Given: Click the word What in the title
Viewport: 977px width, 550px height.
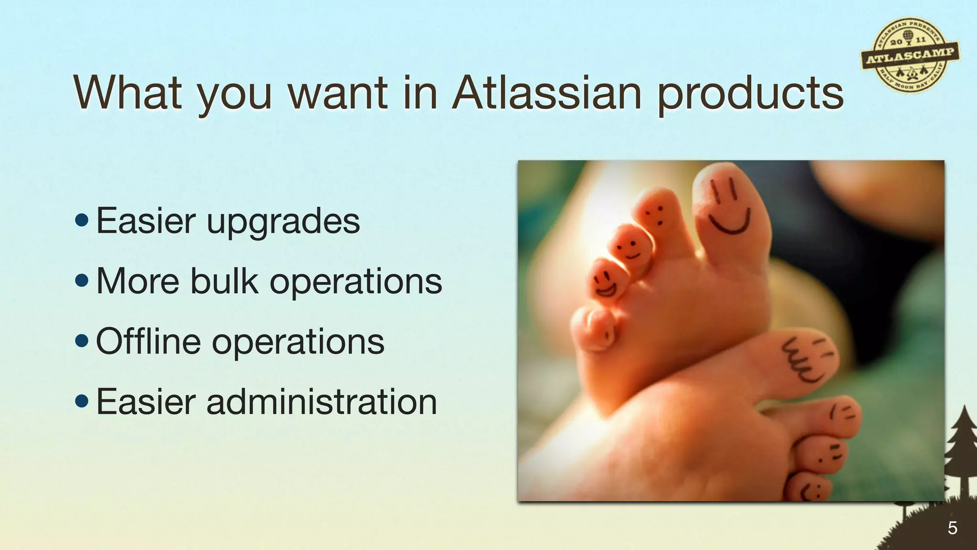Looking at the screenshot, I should [128, 93].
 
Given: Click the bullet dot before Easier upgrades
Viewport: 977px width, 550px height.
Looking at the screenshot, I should [82, 220].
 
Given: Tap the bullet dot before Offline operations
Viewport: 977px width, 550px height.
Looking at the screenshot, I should [82, 341].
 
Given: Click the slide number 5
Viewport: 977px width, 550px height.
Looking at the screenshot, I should [952, 528].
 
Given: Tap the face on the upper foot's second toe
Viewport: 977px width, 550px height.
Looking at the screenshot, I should [656, 215].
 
